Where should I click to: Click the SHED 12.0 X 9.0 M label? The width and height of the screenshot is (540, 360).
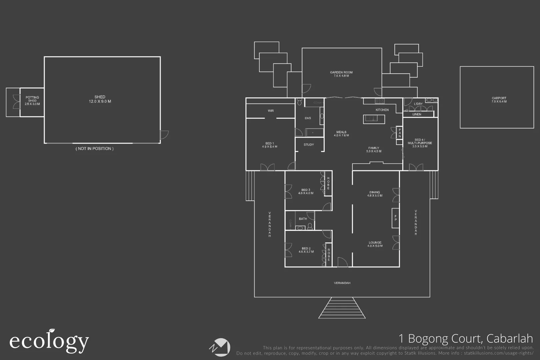click(100, 99)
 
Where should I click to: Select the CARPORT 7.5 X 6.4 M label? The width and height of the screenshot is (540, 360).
click(499, 100)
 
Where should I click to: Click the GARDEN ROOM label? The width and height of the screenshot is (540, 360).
click(341, 74)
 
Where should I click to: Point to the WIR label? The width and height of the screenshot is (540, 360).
click(271, 111)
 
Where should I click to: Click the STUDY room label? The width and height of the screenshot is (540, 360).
click(309, 145)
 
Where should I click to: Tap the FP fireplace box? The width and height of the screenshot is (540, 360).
click(395, 218)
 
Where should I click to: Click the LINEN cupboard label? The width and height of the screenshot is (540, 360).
click(417, 114)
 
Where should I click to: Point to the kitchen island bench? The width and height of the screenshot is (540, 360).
click(374, 118)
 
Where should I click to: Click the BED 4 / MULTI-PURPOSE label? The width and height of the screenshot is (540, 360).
click(420, 143)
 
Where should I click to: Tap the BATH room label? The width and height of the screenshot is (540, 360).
click(303, 219)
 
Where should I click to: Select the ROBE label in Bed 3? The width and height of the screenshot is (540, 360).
click(328, 183)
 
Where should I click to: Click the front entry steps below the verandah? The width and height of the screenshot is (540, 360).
click(342, 308)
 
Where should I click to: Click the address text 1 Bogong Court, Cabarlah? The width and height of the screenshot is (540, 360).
click(466, 339)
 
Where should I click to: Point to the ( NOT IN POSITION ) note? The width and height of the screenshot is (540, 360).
click(95, 149)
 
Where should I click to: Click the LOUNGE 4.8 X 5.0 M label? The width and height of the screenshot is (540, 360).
click(375, 244)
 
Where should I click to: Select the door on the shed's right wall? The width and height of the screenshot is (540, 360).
click(164, 135)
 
